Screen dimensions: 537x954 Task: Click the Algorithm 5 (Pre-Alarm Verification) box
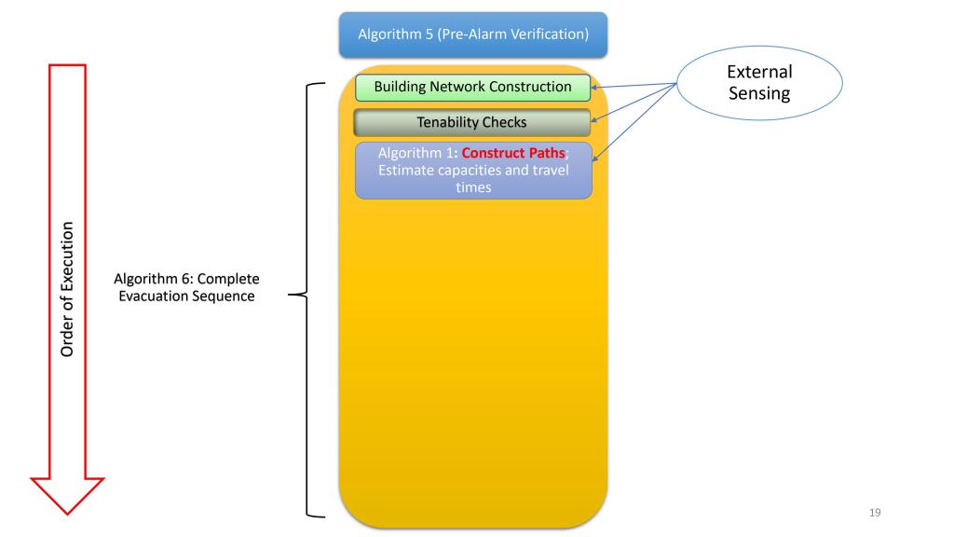473,34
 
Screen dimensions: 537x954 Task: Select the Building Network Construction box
472,87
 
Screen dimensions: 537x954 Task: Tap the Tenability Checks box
472,122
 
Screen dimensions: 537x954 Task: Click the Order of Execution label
68,288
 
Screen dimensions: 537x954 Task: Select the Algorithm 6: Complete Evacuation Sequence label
186,287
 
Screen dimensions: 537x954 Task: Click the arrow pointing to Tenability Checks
634,103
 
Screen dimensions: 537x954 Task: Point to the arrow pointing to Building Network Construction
634,86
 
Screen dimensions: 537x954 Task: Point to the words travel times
521,179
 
